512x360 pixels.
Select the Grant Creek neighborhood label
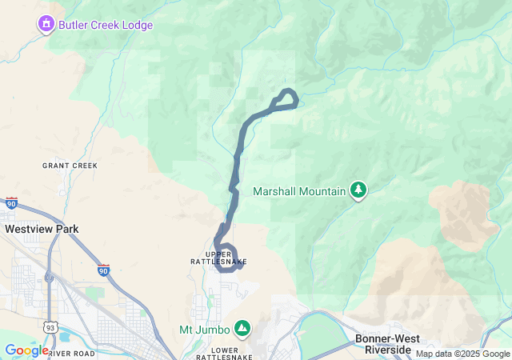click(x=70, y=166)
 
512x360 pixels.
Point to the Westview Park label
click(x=42, y=229)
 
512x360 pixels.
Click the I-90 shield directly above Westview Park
click(x=11, y=203)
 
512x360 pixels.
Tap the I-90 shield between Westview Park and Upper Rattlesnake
click(x=104, y=270)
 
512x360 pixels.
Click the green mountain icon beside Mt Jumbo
click(x=242, y=328)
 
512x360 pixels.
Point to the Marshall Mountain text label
click(x=299, y=191)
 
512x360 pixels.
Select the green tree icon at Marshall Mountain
click(x=359, y=190)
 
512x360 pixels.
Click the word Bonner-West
click(x=387, y=338)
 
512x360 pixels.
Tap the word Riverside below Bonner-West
click(x=388, y=350)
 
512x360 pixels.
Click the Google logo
click(x=26, y=350)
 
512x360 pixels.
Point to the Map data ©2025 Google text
click(x=462, y=354)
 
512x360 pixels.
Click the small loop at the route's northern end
click(x=286, y=98)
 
